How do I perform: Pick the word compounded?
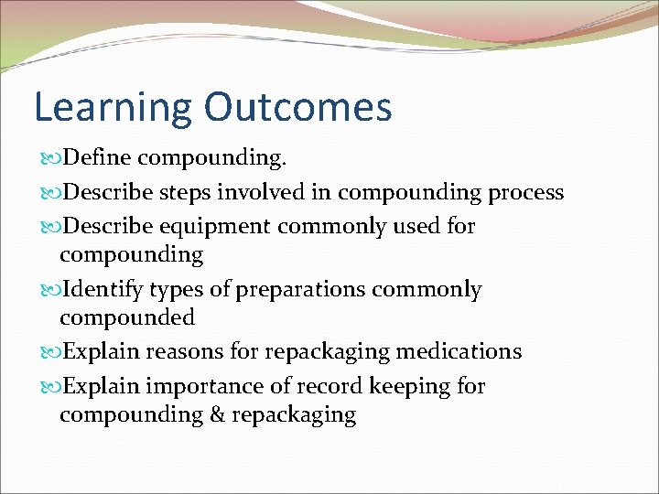[x=127, y=318]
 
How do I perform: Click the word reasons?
[x=182, y=351]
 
